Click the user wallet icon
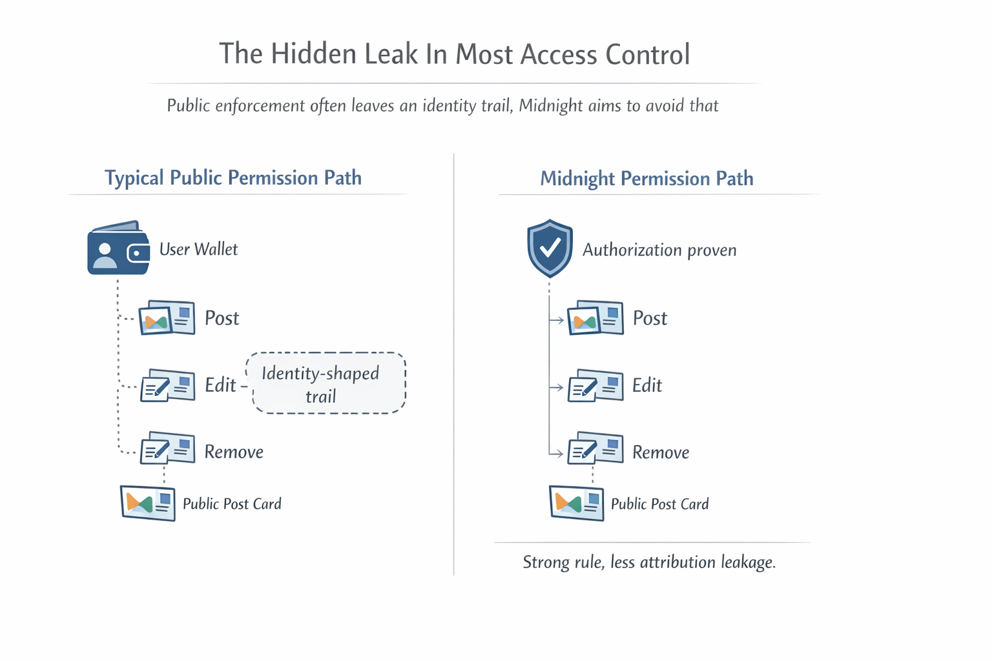(x=118, y=249)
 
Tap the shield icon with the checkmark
(x=550, y=248)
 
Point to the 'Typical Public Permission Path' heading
(x=233, y=178)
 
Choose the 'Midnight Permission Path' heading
(x=646, y=179)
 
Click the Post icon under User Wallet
(x=167, y=318)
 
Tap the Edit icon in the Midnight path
(x=595, y=386)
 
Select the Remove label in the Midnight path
(x=661, y=453)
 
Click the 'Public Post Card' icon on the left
(x=148, y=503)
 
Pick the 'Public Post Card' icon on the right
(x=576, y=503)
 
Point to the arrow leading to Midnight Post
(x=557, y=320)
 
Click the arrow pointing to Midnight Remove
(x=557, y=454)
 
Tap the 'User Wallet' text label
(x=198, y=250)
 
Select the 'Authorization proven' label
(x=659, y=250)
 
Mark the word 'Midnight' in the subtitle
(x=551, y=106)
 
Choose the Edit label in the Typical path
(x=220, y=385)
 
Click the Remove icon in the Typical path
(x=167, y=448)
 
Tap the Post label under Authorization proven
(x=650, y=318)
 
